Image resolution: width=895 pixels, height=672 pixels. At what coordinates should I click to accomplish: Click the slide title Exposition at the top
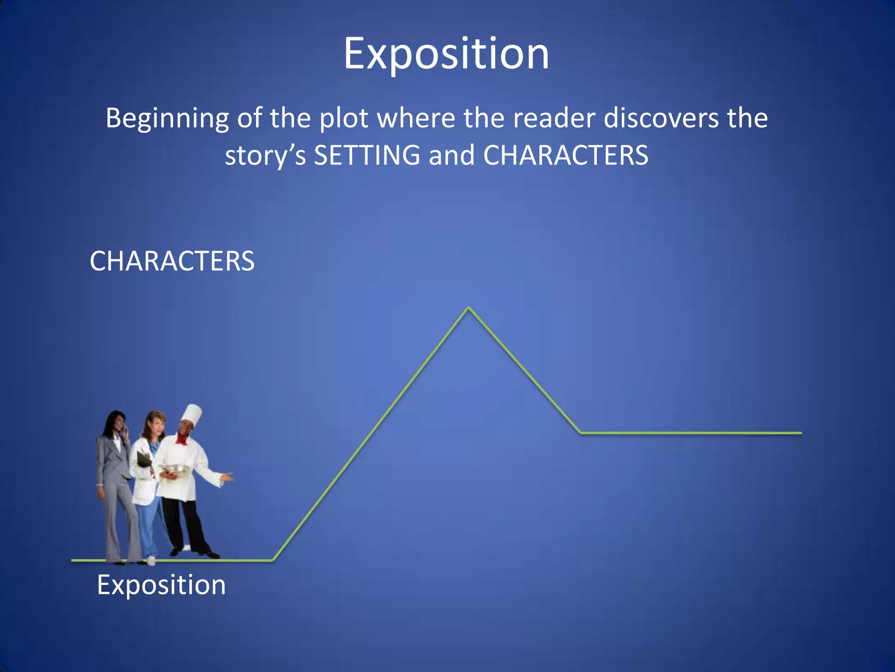446,54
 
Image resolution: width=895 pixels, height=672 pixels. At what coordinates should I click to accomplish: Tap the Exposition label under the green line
161,585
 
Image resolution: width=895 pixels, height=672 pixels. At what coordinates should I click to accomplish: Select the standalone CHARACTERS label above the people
172,261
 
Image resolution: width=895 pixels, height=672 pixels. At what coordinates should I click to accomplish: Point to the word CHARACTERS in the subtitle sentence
565,155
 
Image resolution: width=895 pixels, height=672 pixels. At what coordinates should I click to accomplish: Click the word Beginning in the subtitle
167,119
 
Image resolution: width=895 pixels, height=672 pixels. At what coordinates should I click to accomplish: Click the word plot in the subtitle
344,119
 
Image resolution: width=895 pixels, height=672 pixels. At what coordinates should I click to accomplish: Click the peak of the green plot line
468,308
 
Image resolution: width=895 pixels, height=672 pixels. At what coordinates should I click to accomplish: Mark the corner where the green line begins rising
273,560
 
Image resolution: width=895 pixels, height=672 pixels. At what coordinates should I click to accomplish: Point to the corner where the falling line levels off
580,433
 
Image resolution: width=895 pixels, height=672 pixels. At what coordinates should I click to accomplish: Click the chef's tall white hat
191,413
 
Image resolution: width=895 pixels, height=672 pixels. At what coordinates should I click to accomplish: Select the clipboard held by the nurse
144,458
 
